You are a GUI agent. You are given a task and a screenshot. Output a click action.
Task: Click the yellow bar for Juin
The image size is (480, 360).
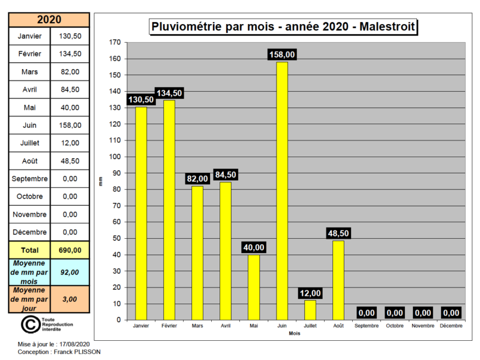point(282,191)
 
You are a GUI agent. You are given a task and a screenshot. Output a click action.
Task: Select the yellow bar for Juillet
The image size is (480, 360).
point(310,310)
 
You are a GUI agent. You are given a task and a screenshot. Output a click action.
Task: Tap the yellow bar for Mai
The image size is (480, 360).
point(254,287)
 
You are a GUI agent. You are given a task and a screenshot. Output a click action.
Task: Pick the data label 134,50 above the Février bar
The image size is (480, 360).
point(169,93)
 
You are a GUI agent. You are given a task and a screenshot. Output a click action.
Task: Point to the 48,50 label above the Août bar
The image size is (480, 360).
point(338,233)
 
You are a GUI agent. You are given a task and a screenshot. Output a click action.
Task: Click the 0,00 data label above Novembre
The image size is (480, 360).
point(423,313)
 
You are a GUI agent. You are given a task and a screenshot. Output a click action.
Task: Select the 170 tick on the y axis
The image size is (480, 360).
point(115,43)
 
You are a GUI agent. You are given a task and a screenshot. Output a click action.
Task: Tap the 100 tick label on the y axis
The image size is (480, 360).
point(115,157)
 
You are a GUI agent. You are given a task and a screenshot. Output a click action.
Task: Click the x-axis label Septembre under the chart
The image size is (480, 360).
point(366,326)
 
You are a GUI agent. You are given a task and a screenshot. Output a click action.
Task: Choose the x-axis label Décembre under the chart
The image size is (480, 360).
point(451,326)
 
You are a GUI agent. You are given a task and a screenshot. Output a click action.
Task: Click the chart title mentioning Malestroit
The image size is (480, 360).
point(283,27)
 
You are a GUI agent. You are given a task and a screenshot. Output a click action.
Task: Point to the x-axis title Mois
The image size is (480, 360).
point(294,333)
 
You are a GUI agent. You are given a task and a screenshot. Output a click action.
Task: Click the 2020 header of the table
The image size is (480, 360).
point(49,20)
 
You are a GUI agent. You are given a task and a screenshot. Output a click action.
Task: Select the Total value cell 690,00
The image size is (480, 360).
point(70,250)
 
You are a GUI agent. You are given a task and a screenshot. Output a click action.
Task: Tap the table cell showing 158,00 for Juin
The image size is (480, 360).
point(70,125)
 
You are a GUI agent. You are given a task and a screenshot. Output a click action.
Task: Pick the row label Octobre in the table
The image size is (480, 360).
point(29,196)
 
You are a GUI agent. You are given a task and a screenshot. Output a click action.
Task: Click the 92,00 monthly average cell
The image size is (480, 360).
point(70,272)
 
